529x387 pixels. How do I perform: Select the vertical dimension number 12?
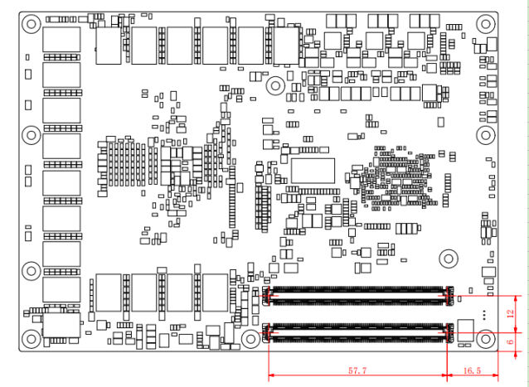[511, 313]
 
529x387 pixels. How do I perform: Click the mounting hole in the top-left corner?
[31, 24]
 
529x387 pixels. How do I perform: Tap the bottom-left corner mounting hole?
[31, 338]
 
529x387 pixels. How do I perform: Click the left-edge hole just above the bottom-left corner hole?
[31, 270]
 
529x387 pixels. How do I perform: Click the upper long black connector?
[358, 293]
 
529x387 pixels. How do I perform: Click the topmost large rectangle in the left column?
[61, 40]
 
